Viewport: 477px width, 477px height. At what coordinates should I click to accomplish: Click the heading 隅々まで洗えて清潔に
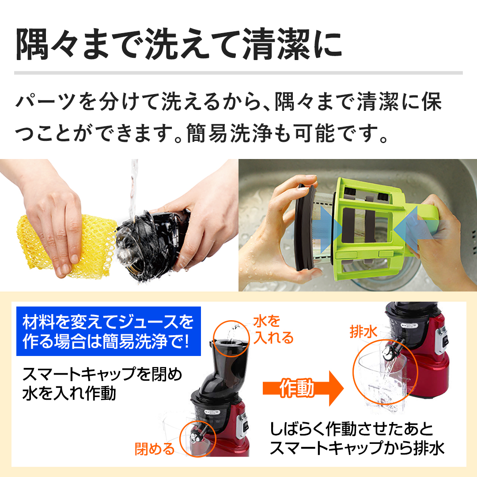(179, 45)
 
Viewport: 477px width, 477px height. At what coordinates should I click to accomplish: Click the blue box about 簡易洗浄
(108, 331)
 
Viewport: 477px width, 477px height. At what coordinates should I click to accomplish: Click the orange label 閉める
(155, 449)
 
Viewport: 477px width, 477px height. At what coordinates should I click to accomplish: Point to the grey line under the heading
(238, 72)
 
